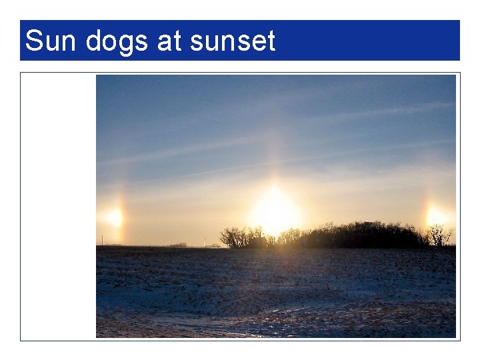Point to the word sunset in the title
[232, 41]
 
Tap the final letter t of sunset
[271, 41]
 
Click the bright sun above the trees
[275, 211]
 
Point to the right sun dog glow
[435, 216]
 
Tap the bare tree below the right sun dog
[438, 235]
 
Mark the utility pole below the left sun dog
[103, 240]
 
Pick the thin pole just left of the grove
[205, 241]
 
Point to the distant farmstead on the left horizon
[179, 245]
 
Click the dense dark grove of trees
[360, 235]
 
